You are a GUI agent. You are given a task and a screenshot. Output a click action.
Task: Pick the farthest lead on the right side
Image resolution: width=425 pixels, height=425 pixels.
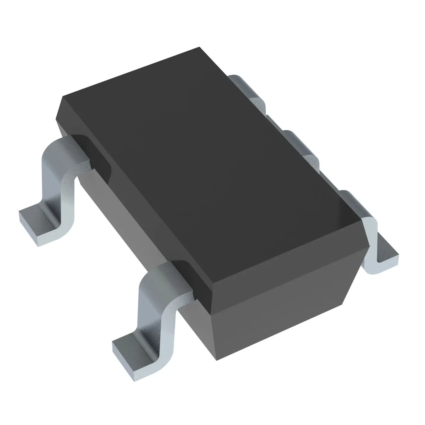click(247, 90)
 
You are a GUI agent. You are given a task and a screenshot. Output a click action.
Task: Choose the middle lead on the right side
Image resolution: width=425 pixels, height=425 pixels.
click(301, 148)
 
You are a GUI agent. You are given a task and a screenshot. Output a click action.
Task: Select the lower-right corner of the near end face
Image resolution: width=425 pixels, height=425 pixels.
click(344, 304)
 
